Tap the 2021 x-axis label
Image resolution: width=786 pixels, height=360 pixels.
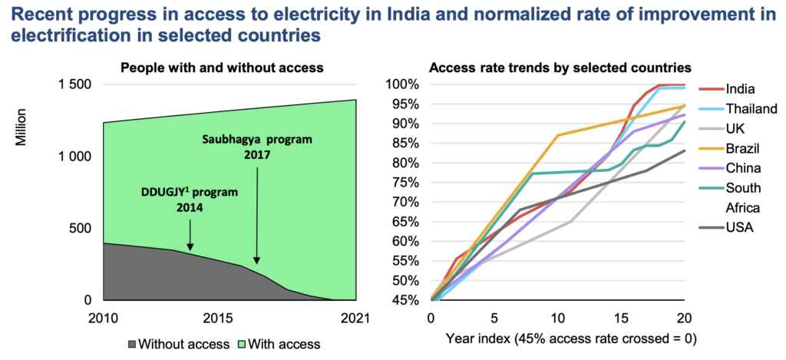click(355, 318)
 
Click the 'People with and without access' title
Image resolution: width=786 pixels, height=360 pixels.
click(223, 68)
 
